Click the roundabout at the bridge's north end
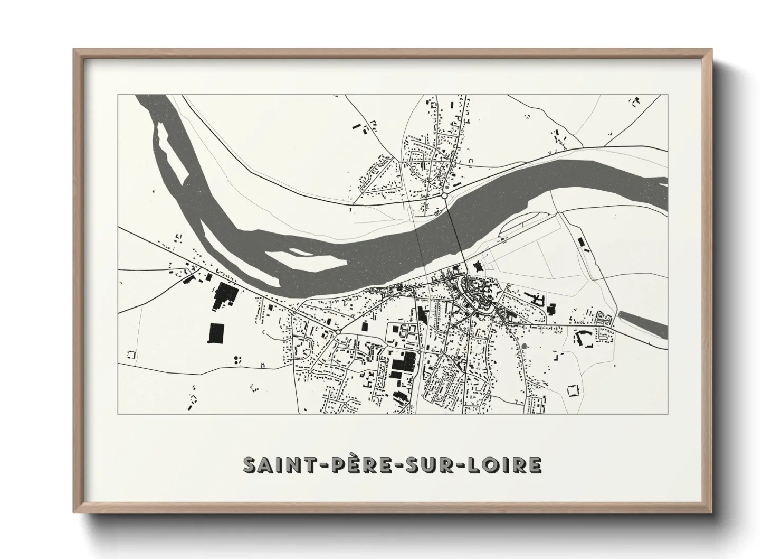[445, 196]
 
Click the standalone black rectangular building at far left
[216, 333]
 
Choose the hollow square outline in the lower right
[573, 391]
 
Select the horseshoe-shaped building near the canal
[584, 338]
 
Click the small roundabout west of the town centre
[337, 331]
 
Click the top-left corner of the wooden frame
[75, 50]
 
